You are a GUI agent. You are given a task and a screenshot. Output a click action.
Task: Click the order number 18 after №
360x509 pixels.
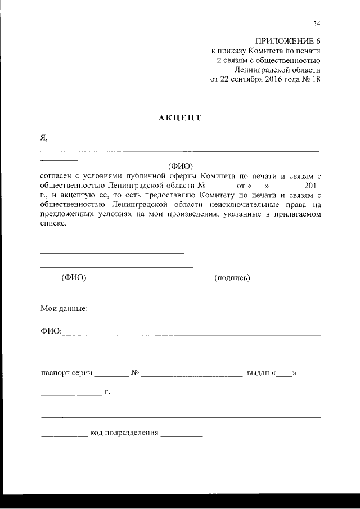(316, 79)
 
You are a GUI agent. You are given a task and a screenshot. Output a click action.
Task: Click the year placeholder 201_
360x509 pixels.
(311, 185)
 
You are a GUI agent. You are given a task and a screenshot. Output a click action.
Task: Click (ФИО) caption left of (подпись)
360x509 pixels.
(73, 278)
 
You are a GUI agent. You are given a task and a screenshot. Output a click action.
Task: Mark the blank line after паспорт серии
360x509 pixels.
(112, 375)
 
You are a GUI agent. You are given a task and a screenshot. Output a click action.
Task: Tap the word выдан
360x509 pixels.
(258, 373)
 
